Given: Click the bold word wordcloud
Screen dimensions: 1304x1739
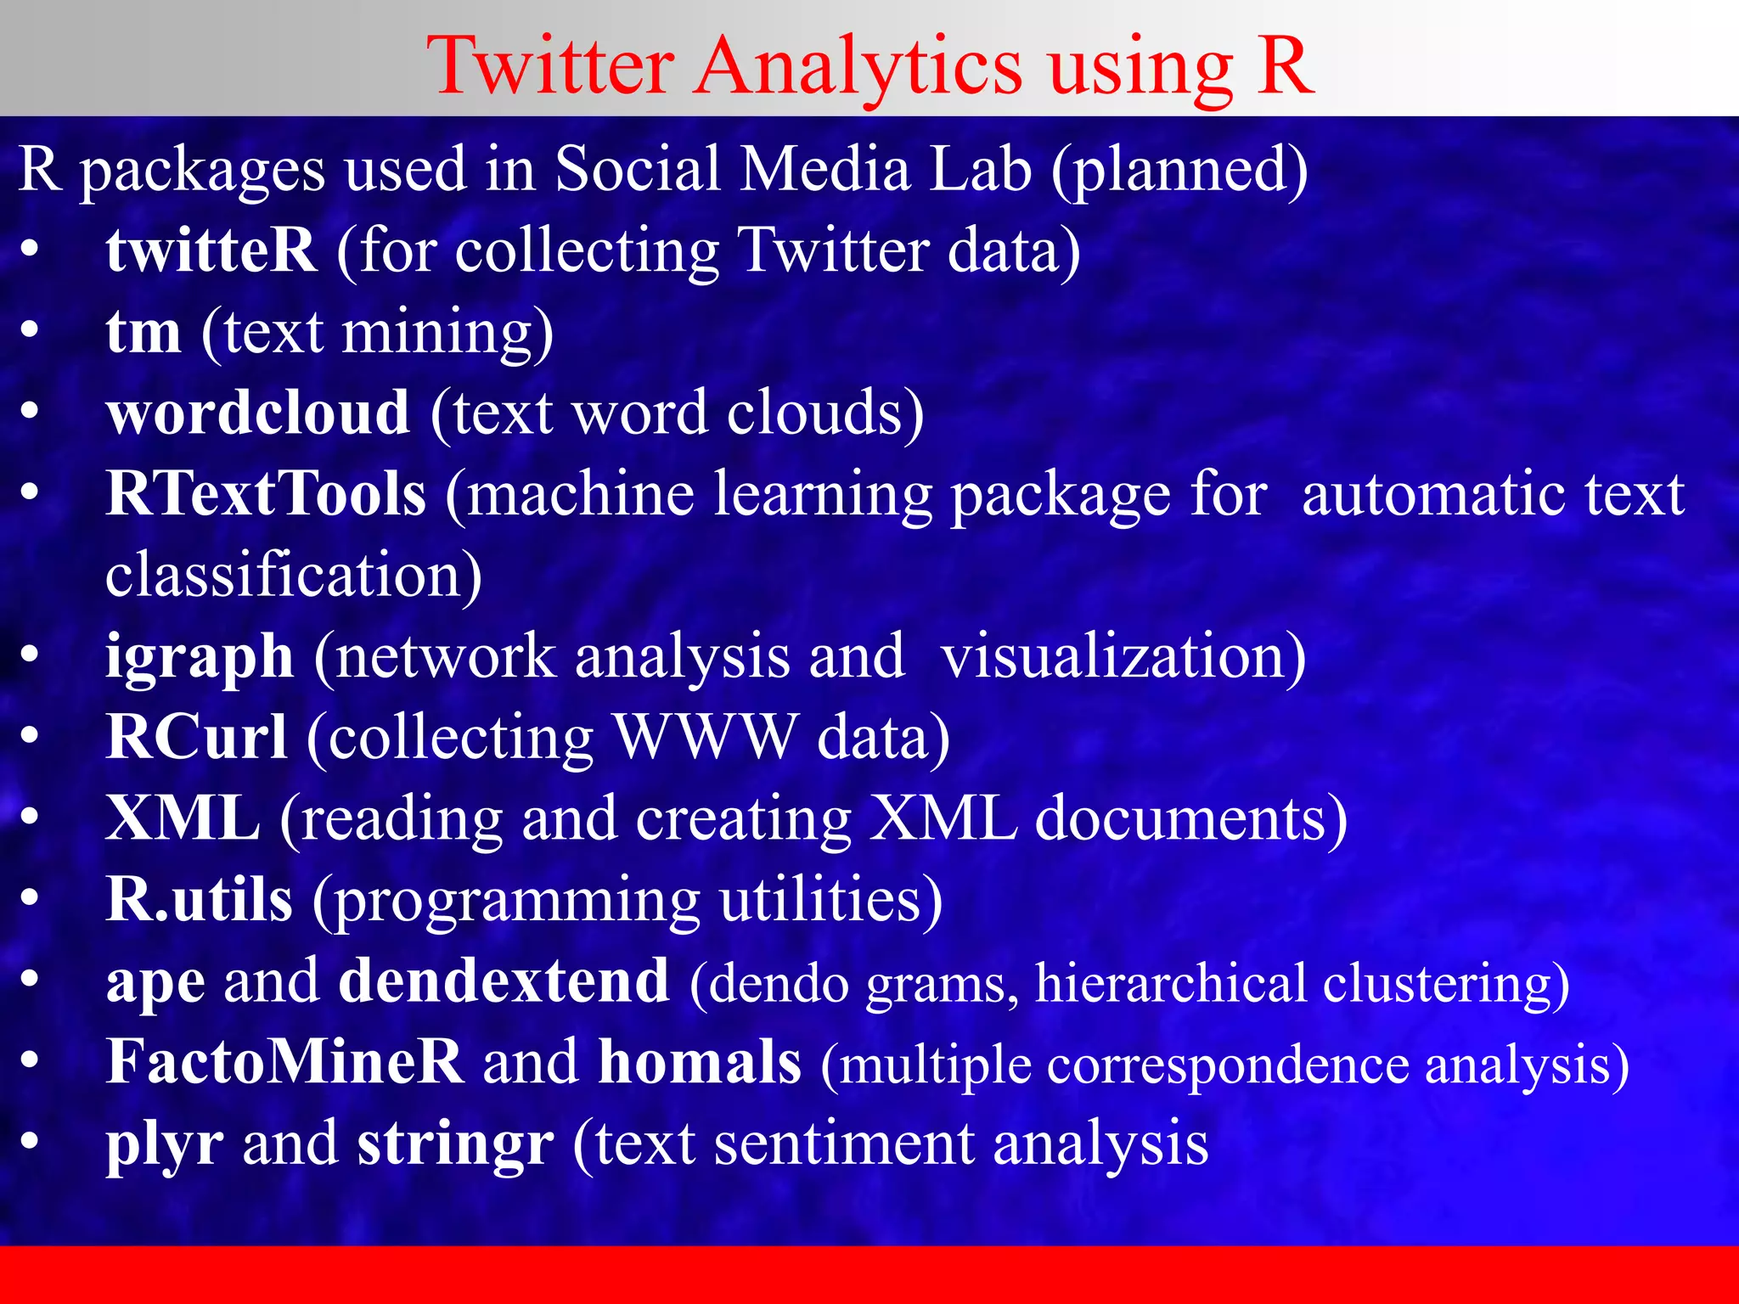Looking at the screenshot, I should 258,413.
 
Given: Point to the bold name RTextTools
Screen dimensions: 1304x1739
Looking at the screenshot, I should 266,493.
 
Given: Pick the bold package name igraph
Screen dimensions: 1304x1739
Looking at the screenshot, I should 200,658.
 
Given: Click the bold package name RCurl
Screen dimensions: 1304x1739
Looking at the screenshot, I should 196,736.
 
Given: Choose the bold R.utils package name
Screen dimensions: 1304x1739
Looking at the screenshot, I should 200,899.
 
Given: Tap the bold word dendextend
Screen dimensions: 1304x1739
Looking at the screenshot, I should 504,981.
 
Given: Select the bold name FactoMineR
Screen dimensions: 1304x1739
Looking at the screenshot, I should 284,1062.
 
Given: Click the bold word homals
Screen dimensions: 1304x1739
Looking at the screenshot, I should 700,1062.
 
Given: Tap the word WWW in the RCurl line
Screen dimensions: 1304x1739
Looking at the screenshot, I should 706,736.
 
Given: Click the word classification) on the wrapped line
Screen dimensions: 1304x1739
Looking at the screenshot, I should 294,575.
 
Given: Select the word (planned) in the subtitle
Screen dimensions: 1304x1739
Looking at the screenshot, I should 1179,170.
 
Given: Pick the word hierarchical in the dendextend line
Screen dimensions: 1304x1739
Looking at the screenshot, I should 1171,982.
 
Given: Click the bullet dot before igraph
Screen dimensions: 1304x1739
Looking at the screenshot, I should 30,655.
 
